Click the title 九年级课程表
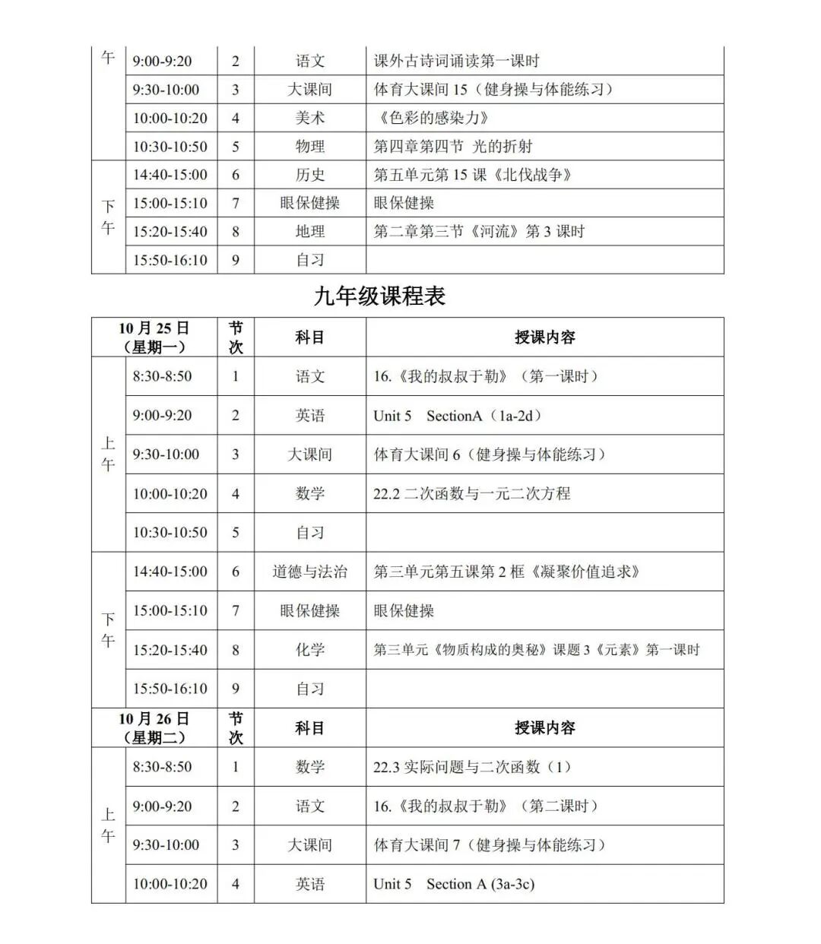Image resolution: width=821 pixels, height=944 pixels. [x=379, y=296]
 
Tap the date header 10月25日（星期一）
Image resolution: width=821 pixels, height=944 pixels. [x=154, y=337]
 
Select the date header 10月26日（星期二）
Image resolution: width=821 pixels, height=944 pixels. [x=154, y=728]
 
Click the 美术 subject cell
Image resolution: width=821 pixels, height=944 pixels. [x=309, y=118]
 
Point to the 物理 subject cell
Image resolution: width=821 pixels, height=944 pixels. [x=309, y=146]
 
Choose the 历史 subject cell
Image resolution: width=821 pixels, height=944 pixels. [x=309, y=175]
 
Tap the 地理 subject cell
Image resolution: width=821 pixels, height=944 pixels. [x=309, y=231]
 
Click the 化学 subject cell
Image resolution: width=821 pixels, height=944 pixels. [x=309, y=650]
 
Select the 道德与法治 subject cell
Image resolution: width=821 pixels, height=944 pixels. [x=309, y=572]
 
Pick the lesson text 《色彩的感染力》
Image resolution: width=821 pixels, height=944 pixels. [x=433, y=118]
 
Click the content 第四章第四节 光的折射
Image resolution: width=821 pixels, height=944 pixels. [x=453, y=146]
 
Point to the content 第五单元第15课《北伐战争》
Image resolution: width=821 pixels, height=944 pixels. [x=472, y=175]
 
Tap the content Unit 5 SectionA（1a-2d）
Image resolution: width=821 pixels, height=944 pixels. [x=457, y=416]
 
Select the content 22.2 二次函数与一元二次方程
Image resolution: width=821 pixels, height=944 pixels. [x=471, y=494]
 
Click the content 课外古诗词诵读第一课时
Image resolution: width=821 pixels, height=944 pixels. [x=456, y=61]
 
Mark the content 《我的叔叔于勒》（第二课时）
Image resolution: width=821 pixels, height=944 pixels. [x=486, y=806]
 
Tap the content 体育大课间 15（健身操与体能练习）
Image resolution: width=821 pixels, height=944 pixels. [x=493, y=90]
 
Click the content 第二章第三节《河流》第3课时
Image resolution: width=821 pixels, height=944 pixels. [x=479, y=231]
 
